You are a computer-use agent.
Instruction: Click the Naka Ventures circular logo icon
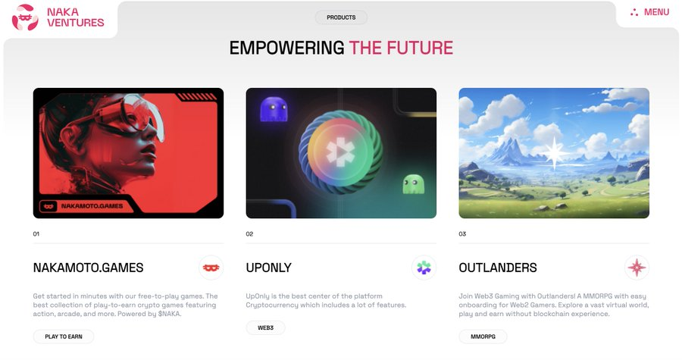pyautogui.click(x=25, y=17)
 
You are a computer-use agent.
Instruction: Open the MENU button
pyautogui.click(x=649, y=12)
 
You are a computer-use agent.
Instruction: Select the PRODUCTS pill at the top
pyautogui.click(x=341, y=17)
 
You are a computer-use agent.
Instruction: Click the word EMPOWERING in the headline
pyautogui.click(x=286, y=48)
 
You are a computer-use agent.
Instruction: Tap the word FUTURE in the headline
pyautogui.click(x=420, y=48)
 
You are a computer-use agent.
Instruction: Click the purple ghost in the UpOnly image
pyautogui.click(x=274, y=109)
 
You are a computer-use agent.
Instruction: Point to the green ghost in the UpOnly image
pyautogui.click(x=413, y=184)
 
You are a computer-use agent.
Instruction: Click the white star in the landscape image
pyautogui.click(x=555, y=152)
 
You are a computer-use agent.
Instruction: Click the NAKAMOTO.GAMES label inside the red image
pyautogui.click(x=92, y=206)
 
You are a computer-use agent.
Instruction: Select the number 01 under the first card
pyautogui.click(x=36, y=234)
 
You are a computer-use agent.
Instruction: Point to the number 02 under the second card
pyautogui.click(x=249, y=234)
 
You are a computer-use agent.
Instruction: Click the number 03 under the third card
pyautogui.click(x=462, y=234)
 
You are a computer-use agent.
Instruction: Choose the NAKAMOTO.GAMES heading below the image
pyautogui.click(x=89, y=268)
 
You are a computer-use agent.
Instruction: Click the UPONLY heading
pyautogui.click(x=269, y=268)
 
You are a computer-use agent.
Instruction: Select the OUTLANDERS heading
pyautogui.click(x=498, y=268)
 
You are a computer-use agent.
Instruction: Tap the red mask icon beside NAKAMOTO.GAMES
pyautogui.click(x=211, y=268)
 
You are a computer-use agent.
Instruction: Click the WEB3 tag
pyautogui.click(x=265, y=328)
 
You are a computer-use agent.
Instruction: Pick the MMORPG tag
pyautogui.click(x=483, y=337)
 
